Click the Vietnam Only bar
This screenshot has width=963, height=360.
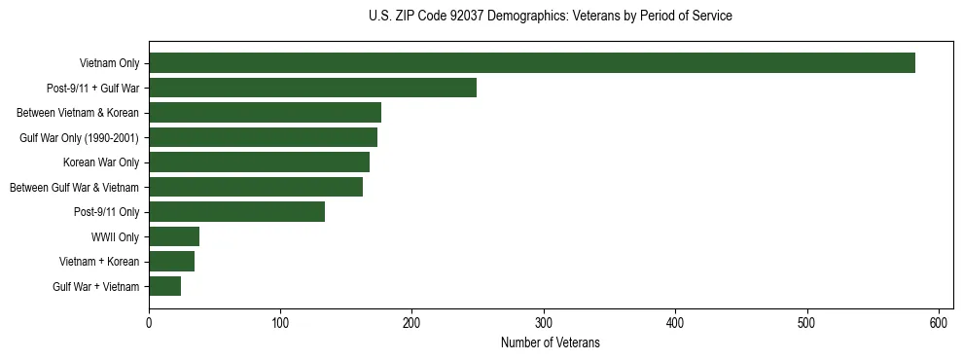click(x=532, y=63)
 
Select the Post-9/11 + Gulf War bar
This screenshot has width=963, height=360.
click(x=312, y=88)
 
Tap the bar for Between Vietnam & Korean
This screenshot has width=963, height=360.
click(x=265, y=113)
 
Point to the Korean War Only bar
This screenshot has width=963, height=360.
click(x=259, y=162)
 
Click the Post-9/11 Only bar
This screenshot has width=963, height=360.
click(x=236, y=212)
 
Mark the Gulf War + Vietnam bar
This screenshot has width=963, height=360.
click(x=164, y=286)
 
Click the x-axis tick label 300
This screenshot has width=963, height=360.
click(x=544, y=322)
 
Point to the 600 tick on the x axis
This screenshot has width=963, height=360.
click(x=939, y=322)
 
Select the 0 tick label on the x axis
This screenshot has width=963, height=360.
click(x=149, y=322)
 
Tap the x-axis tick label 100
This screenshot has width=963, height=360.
click(x=280, y=322)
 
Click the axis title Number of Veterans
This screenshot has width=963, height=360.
click(x=550, y=342)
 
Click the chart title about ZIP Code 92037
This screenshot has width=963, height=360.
click(x=551, y=17)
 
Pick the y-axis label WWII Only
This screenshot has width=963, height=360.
click(x=115, y=236)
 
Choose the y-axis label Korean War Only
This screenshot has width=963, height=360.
click(x=101, y=162)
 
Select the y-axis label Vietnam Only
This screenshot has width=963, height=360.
click(x=109, y=63)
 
